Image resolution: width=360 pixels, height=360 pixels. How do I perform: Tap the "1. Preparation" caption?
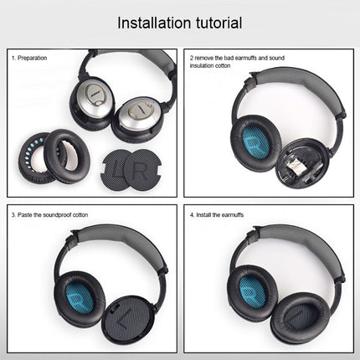pyautogui.click(x=30, y=58)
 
